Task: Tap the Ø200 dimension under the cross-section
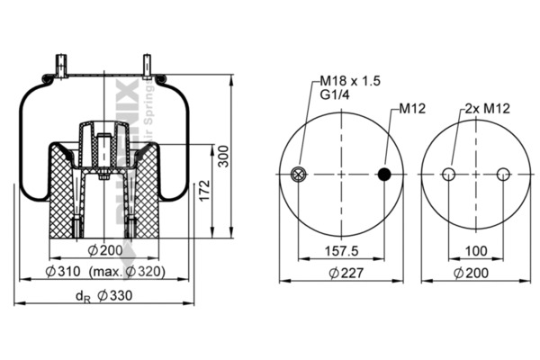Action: point(105,249)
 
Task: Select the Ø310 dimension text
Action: point(64,272)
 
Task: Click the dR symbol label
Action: point(83,296)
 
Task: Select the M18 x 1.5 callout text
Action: point(350,81)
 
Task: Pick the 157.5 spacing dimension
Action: point(341,250)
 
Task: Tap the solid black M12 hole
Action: point(385,175)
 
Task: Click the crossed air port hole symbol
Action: point(299,175)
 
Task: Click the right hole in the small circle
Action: point(503,175)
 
